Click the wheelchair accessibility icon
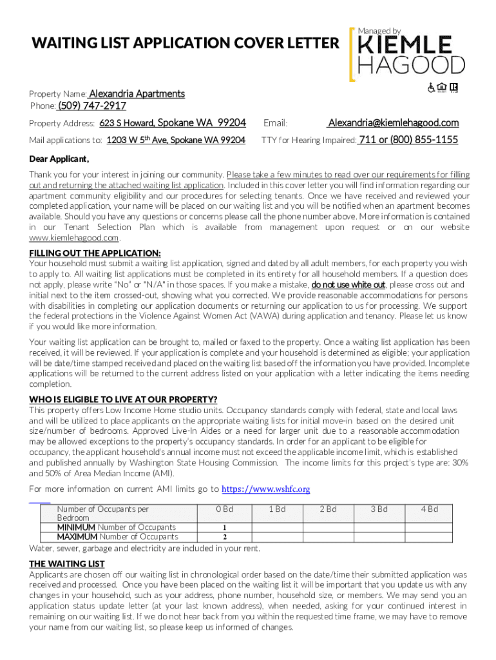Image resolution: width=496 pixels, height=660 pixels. click(432, 88)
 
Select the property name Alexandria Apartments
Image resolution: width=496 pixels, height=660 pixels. click(137, 94)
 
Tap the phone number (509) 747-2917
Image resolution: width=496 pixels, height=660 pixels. click(92, 106)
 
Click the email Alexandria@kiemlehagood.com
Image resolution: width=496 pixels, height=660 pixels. click(393, 123)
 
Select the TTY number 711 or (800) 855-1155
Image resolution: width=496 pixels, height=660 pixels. click(408, 140)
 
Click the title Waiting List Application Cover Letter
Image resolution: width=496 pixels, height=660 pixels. click(186, 43)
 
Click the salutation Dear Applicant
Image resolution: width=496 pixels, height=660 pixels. click(59, 159)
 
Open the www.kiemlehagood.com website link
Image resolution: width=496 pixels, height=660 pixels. click(74, 237)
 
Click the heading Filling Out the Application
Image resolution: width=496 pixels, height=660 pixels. click(95, 253)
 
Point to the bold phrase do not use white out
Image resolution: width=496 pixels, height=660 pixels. click(348, 284)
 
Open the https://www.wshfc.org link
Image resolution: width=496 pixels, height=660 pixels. click(265, 489)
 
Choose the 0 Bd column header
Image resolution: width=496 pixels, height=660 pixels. click(224, 509)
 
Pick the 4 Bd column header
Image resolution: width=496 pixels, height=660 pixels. click(429, 509)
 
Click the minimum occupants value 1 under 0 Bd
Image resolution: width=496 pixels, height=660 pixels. click(224, 528)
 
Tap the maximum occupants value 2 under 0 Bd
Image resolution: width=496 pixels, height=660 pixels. click(224, 537)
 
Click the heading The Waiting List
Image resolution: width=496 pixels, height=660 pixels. click(67, 564)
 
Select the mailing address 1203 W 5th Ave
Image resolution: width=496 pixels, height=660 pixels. click(176, 140)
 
